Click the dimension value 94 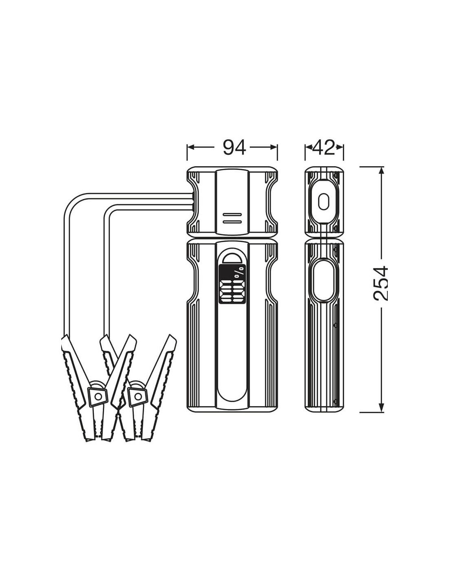point(234,147)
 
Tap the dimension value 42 point(324,147)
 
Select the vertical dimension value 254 point(380,283)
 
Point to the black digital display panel point(232,284)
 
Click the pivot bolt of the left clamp point(98,396)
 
